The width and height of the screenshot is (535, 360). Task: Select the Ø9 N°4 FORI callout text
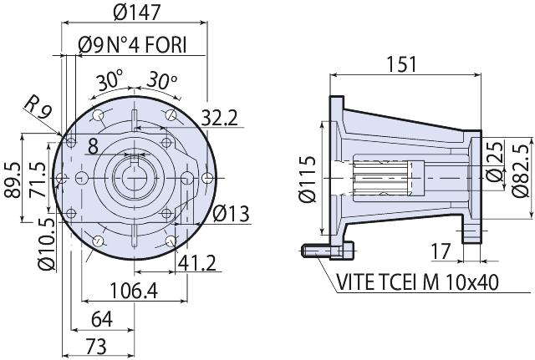(x=131, y=43)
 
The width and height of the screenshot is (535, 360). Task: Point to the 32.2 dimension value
(x=220, y=118)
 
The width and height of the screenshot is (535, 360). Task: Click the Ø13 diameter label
(x=232, y=213)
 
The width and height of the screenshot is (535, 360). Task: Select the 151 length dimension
(x=405, y=64)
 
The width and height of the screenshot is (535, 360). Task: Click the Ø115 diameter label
(x=308, y=177)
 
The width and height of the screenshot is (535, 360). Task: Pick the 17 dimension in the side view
(x=442, y=250)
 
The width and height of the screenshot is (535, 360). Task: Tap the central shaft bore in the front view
(x=134, y=178)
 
